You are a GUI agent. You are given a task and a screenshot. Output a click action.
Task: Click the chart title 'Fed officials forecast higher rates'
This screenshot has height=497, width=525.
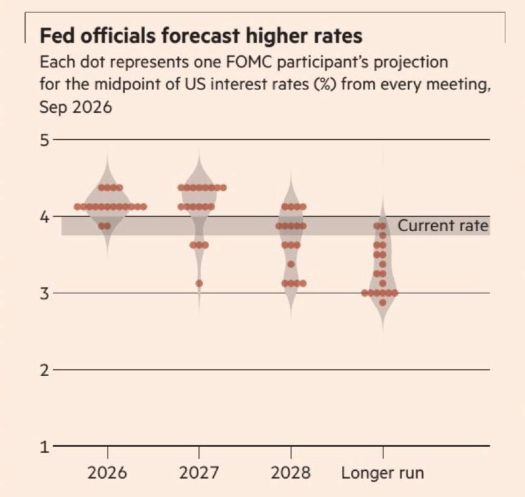point(201,36)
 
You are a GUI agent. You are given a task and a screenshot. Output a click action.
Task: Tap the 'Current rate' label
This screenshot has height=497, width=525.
point(443,225)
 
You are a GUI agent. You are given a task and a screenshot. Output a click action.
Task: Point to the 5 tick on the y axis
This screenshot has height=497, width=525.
point(45,140)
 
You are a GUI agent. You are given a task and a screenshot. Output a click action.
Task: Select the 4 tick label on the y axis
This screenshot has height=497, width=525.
point(45,217)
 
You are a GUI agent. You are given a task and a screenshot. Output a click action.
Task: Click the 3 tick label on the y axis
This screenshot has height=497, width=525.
point(45,293)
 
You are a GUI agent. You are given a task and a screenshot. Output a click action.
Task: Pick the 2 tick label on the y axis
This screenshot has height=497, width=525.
point(45,370)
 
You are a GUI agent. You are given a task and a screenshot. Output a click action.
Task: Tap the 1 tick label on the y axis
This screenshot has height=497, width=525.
point(45,447)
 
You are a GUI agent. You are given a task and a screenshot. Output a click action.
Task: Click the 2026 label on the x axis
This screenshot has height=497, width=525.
point(107,473)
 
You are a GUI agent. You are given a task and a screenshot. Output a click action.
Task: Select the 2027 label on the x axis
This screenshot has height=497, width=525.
point(199,473)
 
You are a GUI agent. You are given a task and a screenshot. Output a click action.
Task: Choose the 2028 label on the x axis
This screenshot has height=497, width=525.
point(291,473)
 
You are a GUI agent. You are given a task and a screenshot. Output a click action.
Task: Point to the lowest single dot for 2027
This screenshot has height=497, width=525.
point(199,284)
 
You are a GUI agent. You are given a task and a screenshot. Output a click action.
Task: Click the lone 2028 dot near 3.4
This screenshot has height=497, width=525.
point(291,264)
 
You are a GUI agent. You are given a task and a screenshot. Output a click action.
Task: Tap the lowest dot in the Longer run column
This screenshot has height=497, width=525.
point(383,303)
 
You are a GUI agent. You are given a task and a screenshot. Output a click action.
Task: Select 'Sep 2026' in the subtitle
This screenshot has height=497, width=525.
point(75,108)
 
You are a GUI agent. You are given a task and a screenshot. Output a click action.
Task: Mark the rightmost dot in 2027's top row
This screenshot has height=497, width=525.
point(223,188)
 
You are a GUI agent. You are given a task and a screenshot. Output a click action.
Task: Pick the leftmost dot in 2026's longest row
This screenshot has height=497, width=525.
point(77,207)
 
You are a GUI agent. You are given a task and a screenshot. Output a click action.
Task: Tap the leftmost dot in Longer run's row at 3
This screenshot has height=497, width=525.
point(365,293)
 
